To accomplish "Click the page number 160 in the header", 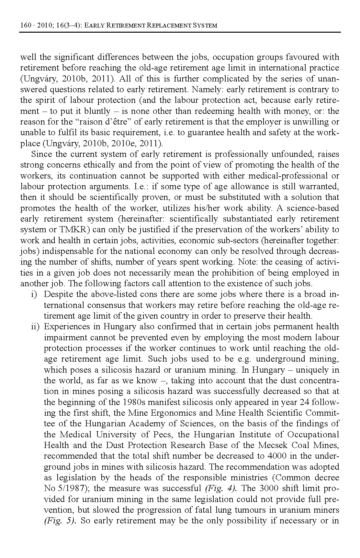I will click(x=25, y=25).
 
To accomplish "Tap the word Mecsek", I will click(x=273, y=445).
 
